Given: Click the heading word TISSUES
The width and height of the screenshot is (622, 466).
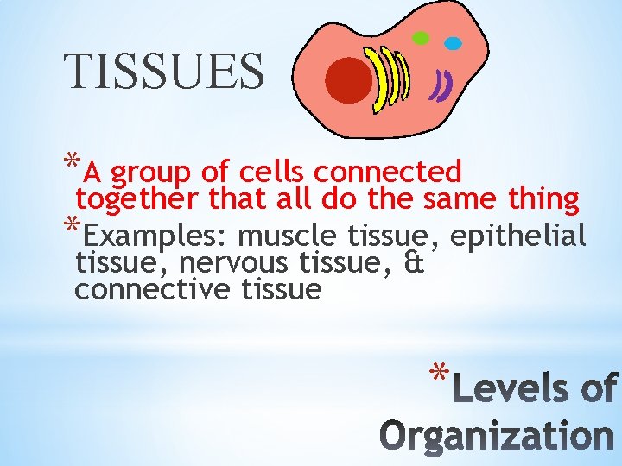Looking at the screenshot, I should pos(164,71).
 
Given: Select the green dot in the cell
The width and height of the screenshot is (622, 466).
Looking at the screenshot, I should pos(421,38).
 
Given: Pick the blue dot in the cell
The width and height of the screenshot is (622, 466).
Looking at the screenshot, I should pos(452,41).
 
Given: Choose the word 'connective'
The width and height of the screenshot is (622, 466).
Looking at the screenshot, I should pos(148,290).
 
